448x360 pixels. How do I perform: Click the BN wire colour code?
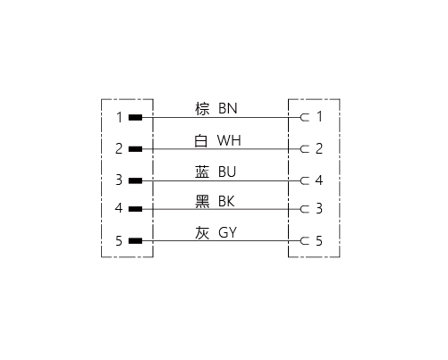coord(228,108)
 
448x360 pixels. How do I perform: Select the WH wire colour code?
coord(229,140)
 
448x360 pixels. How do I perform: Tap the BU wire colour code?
coord(227,172)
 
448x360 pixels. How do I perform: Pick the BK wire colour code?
coord(226,201)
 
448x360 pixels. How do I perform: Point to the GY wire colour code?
coord(227,232)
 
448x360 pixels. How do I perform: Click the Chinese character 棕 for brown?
coord(202,109)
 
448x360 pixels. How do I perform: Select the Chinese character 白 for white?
coord(201,140)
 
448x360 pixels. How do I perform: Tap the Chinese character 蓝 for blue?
coord(202,172)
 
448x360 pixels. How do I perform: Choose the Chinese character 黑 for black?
coord(202,201)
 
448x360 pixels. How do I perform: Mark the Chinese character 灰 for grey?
coord(202,232)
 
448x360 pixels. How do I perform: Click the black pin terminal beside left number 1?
coord(135,118)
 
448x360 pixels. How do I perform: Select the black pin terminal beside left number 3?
coord(135,180)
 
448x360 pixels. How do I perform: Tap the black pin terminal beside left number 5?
coord(135,241)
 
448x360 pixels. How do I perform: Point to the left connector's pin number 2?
coord(119,148)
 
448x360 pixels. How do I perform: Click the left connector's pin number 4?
coord(119,208)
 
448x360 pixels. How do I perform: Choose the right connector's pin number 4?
coord(319,180)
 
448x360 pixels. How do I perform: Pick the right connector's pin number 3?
coord(319,208)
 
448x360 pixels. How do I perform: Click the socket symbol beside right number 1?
coord(305,118)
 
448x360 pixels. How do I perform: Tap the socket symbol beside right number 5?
coord(305,241)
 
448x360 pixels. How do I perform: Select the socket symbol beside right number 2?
coord(305,149)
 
